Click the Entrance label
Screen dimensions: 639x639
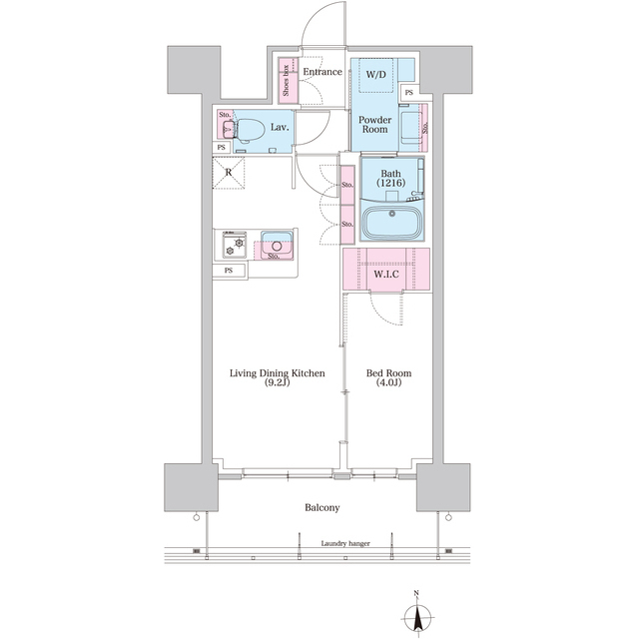click(322, 72)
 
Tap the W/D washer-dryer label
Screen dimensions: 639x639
click(376, 75)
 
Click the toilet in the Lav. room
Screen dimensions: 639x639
click(248, 129)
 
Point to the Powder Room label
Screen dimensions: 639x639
click(374, 125)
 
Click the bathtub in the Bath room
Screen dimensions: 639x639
click(391, 223)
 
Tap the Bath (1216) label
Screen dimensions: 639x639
click(390, 179)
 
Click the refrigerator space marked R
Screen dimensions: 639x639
click(229, 171)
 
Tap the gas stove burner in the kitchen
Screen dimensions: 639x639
click(239, 243)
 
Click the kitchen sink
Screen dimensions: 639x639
click(277, 241)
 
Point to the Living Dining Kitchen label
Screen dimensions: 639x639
click(278, 373)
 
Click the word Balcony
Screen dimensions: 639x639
click(321, 508)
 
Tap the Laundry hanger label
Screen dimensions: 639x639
click(345, 544)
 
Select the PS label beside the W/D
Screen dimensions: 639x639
click(408, 94)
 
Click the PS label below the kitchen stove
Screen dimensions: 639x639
click(229, 271)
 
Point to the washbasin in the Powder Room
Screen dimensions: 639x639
click(409, 128)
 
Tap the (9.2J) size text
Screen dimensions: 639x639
click(278, 384)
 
